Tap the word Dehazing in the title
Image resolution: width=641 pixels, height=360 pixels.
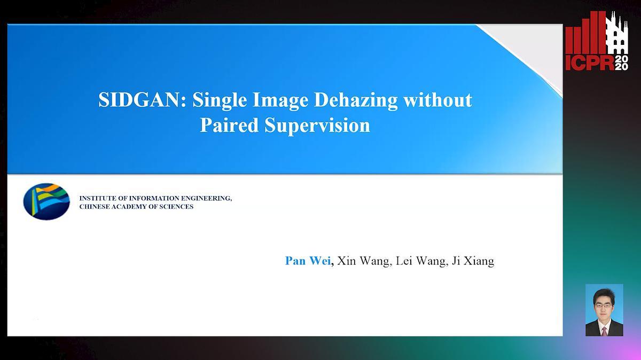[356, 101]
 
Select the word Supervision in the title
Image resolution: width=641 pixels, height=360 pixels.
[317, 126]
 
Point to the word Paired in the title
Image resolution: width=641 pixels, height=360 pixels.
[229, 125]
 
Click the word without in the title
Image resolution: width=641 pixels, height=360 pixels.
[438, 100]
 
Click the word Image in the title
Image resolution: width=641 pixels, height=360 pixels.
[280, 101]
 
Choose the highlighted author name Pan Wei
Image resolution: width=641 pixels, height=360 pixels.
[308, 261]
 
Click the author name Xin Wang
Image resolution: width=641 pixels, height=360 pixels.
[363, 261]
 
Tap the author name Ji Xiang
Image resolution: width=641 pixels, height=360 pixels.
[473, 261]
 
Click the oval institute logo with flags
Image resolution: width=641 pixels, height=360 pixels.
[46, 201]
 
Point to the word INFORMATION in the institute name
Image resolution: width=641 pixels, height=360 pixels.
[154, 198]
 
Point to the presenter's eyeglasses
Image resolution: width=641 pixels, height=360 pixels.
[604, 306]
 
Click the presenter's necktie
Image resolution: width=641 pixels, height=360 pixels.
[604, 331]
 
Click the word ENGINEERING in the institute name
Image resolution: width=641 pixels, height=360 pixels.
[207, 198]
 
